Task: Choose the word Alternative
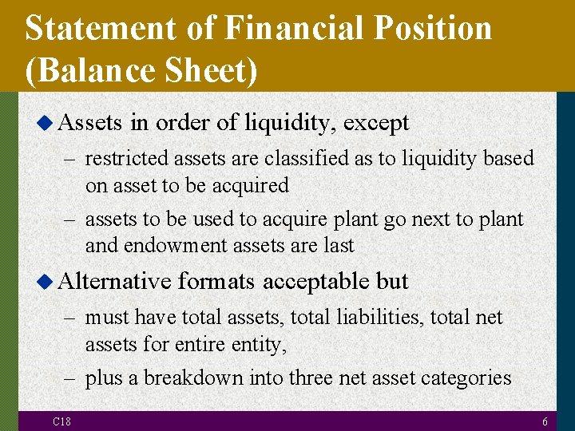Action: (x=115, y=282)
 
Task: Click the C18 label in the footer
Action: (x=61, y=421)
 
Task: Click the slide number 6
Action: (x=544, y=421)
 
